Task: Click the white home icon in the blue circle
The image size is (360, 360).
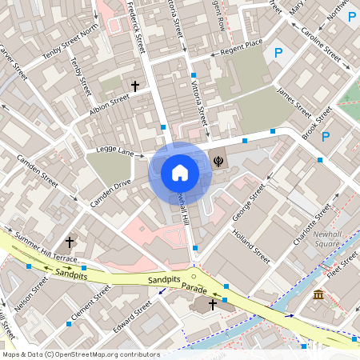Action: (x=180, y=172)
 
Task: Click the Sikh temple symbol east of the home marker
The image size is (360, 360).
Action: (x=218, y=160)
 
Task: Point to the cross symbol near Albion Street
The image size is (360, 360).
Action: (x=135, y=85)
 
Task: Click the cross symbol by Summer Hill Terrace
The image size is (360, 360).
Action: (x=70, y=241)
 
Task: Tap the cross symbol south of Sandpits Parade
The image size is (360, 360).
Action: (x=213, y=305)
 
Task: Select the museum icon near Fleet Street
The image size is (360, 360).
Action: (x=318, y=295)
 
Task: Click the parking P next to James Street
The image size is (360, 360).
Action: (x=278, y=54)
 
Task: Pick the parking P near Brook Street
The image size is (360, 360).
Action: (x=326, y=137)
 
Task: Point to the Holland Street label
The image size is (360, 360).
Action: (x=250, y=245)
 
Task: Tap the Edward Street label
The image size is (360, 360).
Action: (x=132, y=318)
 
